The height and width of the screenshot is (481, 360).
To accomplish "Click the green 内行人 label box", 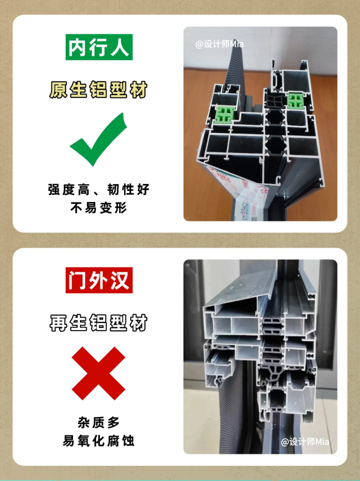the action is coord(99,47).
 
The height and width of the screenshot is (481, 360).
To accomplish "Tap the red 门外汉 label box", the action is coord(99,280).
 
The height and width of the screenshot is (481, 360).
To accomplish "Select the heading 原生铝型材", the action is coord(98,89).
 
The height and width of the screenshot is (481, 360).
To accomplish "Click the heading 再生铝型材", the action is coord(98,322).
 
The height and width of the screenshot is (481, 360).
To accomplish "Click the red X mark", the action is coord(98,373).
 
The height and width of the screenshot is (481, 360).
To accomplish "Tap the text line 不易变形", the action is coord(98,208).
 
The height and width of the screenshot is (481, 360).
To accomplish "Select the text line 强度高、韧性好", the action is coord(98,189).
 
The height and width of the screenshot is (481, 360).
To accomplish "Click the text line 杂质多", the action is coord(98,422).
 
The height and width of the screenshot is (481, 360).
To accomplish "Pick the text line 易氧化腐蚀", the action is coord(98,441).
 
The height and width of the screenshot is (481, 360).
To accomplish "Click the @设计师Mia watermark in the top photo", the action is coord(219,44).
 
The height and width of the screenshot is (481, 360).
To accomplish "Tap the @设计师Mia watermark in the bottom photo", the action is coord(305,441).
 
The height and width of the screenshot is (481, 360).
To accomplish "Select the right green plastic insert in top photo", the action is coord(295,101).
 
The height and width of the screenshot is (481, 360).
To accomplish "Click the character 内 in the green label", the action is coord(76,47).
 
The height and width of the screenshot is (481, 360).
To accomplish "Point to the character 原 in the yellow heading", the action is coord(58,89).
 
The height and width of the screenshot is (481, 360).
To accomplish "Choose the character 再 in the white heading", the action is coord(58,322).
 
